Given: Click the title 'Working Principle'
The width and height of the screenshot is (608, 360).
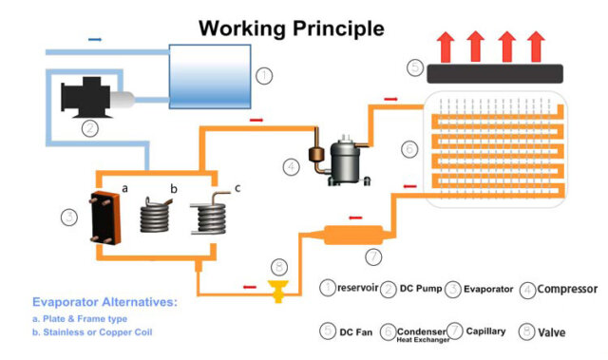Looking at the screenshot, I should [x=291, y=28].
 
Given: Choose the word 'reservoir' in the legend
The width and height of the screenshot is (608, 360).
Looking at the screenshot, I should [x=359, y=289].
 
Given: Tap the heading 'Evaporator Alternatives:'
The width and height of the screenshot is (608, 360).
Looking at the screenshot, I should [x=104, y=301].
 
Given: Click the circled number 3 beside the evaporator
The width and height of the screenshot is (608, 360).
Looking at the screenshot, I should [x=68, y=218].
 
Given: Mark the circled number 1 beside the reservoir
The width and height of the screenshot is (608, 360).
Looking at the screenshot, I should [x=265, y=72].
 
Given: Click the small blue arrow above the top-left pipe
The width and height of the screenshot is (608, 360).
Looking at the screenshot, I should [x=94, y=39].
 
